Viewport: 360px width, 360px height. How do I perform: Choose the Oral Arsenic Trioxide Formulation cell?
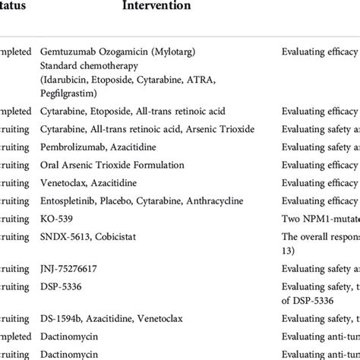111,165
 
